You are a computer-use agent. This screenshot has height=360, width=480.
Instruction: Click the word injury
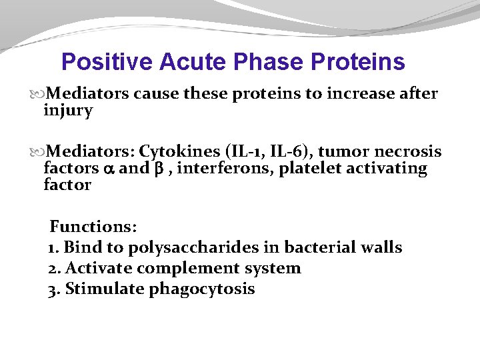[67, 111]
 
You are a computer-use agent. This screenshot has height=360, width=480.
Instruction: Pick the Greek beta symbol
[159, 169]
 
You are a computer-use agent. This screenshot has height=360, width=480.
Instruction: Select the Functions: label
[93, 227]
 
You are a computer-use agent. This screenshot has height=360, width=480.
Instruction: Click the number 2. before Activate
[54, 269]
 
